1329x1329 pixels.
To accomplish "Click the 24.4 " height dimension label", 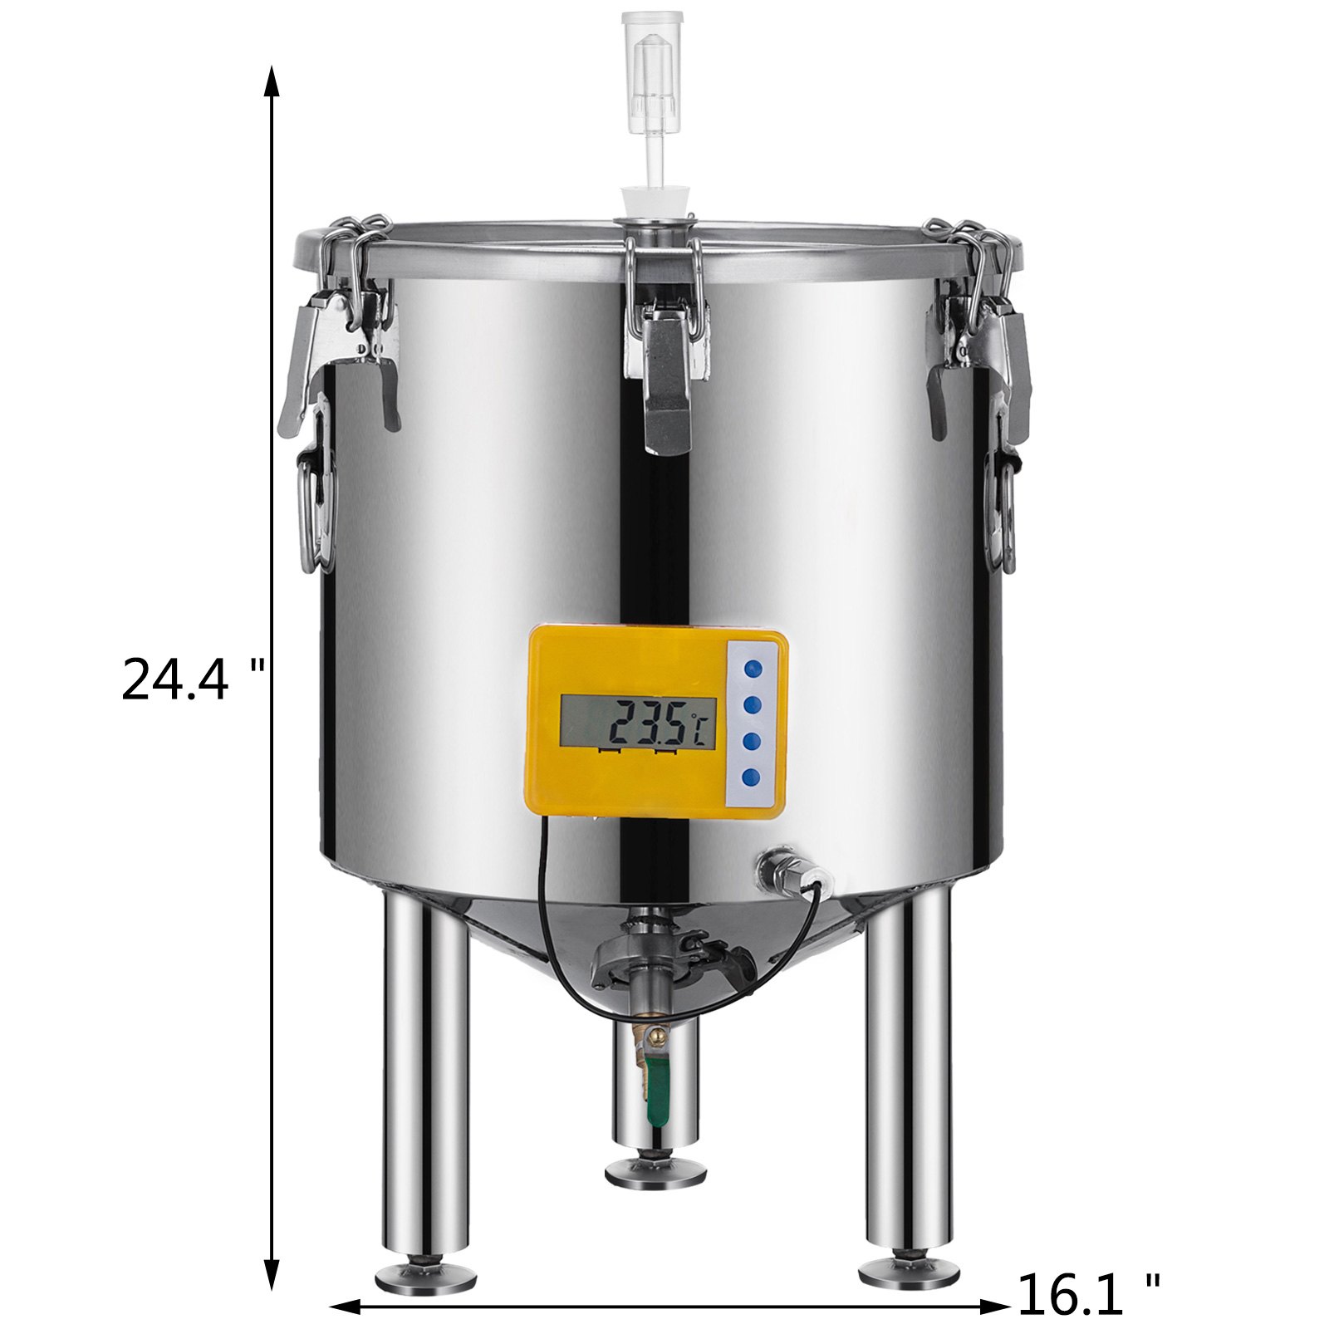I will [193, 679].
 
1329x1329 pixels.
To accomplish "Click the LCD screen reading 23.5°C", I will [637, 722].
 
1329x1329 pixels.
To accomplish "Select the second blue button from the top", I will [753, 704].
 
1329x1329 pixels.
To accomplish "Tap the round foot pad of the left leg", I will [426, 1273].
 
